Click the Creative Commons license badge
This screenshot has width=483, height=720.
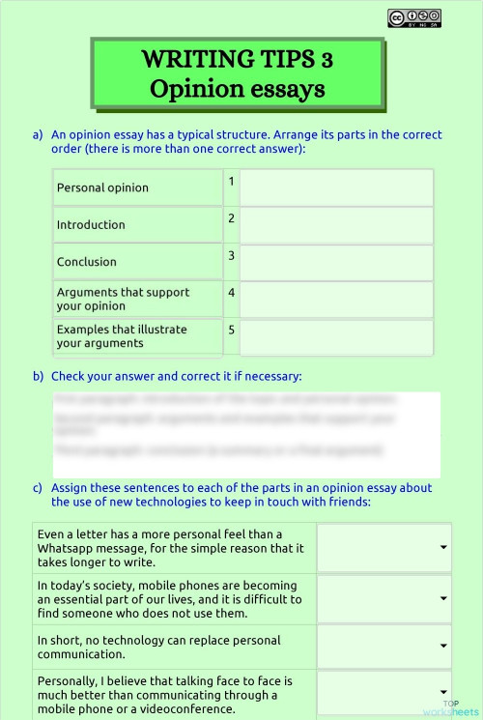click(414, 17)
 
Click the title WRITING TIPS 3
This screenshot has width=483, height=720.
click(237, 60)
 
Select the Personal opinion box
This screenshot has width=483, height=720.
click(137, 187)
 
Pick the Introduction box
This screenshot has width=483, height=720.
click(137, 224)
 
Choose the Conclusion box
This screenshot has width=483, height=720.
click(137, 261)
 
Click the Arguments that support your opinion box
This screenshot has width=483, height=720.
click(137, 299)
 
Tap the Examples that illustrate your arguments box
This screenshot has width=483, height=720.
click(137, 336)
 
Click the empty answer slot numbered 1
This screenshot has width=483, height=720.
click(336, 187)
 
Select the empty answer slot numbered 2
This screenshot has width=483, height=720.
click(336, 224)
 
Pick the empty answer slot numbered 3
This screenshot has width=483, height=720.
click(336, 261)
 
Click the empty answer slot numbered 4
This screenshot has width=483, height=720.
click(336, 299)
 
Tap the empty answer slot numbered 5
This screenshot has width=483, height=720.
click(336, 336)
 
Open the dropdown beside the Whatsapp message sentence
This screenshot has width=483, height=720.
click(384, 548)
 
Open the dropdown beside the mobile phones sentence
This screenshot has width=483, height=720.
click(384, 599)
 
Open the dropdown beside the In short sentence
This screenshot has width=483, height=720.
click(384, 647)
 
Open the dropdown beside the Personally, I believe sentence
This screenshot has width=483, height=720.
click(384, 693)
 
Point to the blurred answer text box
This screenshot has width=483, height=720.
click(246, 424)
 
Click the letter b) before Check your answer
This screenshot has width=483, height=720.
click(38, 376)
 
